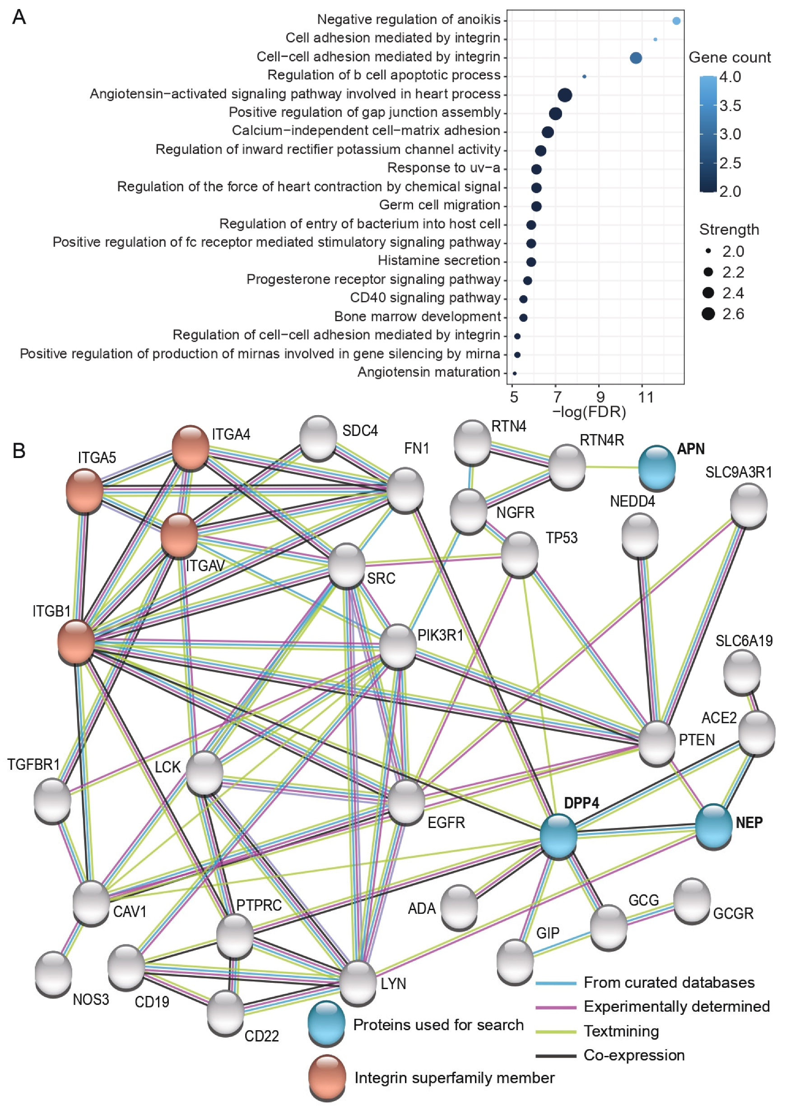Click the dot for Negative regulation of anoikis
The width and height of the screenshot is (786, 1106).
676,21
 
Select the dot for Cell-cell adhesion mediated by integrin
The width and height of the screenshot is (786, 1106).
636,58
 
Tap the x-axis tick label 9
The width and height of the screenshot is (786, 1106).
600,397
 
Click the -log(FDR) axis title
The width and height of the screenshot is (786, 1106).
589,412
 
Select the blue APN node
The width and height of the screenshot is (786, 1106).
657,467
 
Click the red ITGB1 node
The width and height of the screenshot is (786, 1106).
76,642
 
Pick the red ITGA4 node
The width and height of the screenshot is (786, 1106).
191,447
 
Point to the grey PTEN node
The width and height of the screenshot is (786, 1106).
657,742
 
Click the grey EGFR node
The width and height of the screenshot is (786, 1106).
407,801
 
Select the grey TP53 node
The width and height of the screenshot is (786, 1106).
520,554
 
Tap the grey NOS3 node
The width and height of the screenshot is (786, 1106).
53,973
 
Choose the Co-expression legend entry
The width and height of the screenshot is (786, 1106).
633,1055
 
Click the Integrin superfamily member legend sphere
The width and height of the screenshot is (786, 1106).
327,1077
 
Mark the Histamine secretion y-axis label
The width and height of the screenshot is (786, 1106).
438,261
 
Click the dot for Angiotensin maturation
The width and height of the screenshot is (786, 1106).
515,373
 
